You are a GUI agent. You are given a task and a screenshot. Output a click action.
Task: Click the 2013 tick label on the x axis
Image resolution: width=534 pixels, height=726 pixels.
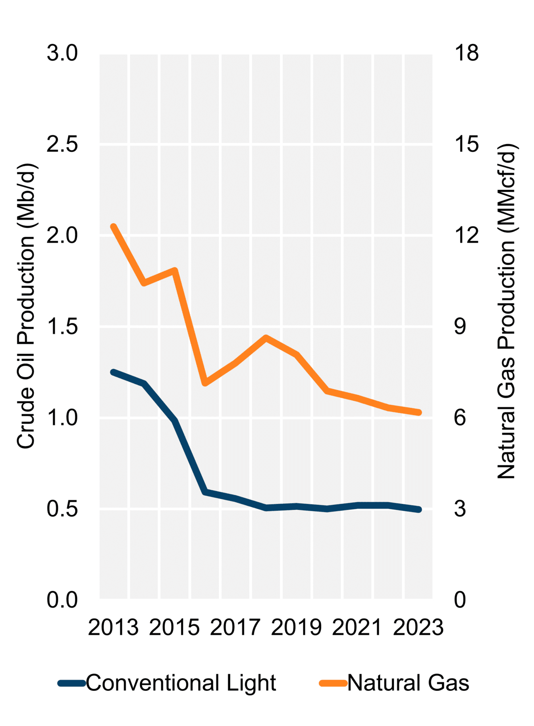[x=113, y=628]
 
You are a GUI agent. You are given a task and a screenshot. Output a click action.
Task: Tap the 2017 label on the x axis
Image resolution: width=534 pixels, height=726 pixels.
[x=235, y=628]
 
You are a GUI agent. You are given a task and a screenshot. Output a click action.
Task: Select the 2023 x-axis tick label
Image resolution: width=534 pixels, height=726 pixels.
[x=418, y=628]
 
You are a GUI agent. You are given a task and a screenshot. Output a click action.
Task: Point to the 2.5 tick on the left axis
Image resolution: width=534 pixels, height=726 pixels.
[x=62, y=145]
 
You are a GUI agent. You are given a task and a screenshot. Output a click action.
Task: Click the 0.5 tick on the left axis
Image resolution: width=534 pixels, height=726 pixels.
[x=62, y=508]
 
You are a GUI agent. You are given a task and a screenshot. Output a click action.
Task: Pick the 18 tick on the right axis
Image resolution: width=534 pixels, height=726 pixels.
[x=466, y=53]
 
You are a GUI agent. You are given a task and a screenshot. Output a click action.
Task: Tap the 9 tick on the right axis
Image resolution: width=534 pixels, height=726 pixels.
[x=460, y=327]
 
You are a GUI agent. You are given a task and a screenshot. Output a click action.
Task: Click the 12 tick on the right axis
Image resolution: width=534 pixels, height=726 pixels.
[x=466, y=235]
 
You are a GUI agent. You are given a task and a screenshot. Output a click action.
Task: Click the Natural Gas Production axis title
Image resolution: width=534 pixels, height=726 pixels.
[x=506, y=311]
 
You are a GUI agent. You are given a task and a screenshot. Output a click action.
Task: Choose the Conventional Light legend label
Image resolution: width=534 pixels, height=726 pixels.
[x=181, y=683]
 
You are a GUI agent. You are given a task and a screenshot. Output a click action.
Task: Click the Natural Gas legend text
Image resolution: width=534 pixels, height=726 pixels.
[x=408, y=683]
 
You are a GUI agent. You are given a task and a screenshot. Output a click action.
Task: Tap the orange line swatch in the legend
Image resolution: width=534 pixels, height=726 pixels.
[x=333, y=683]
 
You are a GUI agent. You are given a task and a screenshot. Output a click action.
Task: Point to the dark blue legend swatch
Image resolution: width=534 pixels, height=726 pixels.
[x=72, y=683]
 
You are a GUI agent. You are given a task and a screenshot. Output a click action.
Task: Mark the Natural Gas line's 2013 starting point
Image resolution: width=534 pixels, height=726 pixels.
[x=113, y=226]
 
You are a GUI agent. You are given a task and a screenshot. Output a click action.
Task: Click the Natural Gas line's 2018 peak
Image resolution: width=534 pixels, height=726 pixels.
[x=266, y=337]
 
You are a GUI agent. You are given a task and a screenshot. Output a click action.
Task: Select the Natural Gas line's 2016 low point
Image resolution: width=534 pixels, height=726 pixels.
[x=205, y=383]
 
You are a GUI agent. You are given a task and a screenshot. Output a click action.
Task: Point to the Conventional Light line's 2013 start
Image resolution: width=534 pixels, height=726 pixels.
[x=113, y=372]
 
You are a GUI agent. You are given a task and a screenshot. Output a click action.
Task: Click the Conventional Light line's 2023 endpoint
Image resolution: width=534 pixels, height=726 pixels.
[x=419, y=509]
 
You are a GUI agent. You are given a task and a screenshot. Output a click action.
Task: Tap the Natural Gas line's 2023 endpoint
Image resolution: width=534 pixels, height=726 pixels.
[x=419, y=413]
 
